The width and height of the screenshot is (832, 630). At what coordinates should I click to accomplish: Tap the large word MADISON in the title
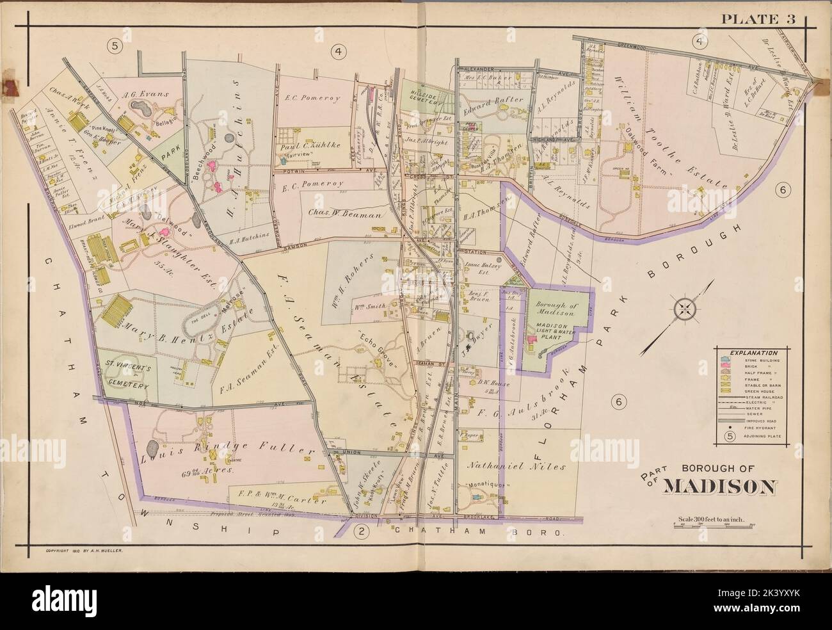pos(719,487)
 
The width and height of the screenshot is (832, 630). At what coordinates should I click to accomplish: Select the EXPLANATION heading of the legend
pos(747,353)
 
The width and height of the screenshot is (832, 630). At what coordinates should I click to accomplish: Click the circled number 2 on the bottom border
pos(361,530)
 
